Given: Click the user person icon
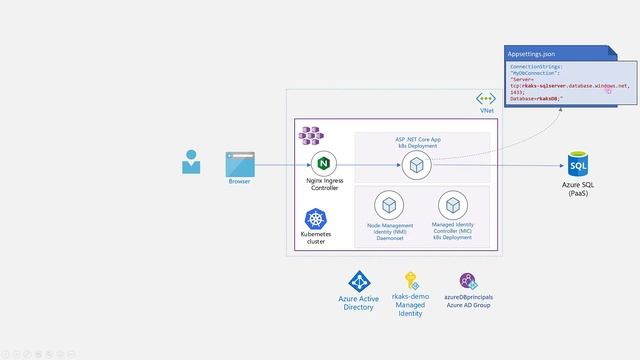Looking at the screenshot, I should (191, 162).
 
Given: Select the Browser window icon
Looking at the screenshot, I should (240, 163).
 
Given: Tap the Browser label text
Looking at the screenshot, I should (240, 182).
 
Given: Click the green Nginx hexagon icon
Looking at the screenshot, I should (323, 163).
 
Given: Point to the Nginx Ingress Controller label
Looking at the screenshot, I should (323, 183).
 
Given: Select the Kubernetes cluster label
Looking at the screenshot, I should (316, 239).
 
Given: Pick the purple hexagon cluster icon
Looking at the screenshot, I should (312, 133).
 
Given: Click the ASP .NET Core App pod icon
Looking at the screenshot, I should (415, 166).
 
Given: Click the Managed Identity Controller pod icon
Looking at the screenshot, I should (453, 206).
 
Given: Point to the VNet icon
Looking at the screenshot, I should (486, 98).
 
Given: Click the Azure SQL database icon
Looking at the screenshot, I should (579, 164).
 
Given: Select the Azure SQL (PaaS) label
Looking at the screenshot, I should (579, 189).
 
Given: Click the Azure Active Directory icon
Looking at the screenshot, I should (359, 282).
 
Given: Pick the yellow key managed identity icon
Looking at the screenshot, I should (411, 281).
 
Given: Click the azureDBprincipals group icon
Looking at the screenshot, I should (468, 281).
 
